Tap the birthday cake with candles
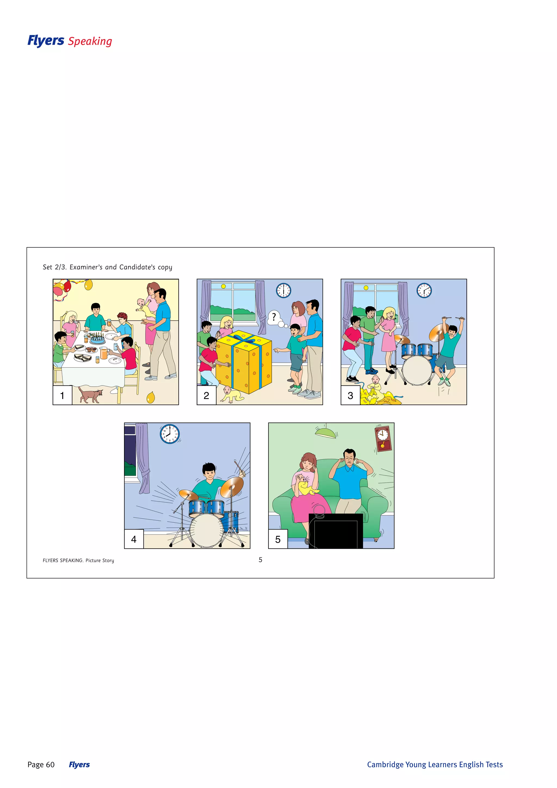point(97,339)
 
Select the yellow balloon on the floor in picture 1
point(151,398)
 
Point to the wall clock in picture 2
point(284,291)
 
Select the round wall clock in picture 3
point(424,291)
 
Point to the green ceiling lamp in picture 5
point(326,433)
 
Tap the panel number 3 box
point(350,395)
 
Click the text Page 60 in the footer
point(41,764)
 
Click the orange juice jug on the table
point(103,352)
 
